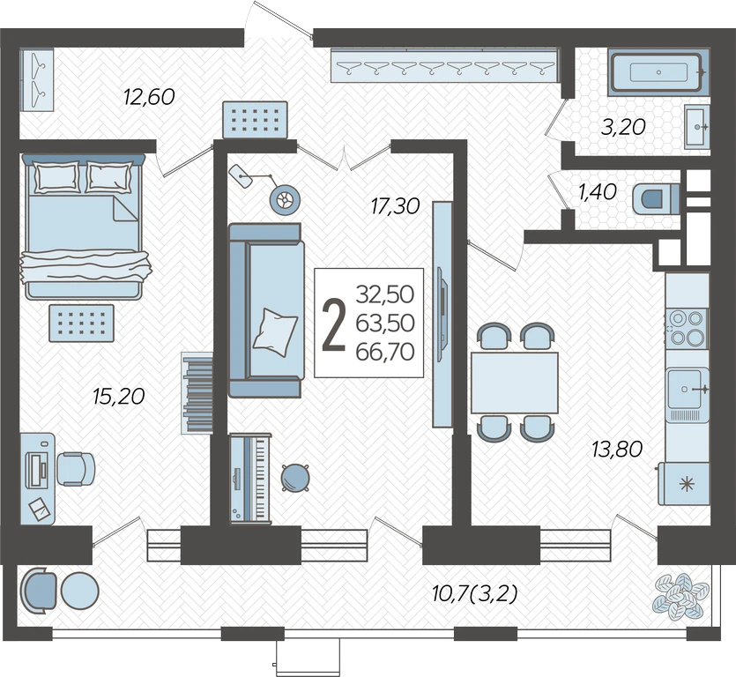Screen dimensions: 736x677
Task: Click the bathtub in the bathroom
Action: point(658,72)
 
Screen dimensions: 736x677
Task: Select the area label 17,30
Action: point(395,206)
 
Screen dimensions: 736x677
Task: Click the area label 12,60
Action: point(149,97)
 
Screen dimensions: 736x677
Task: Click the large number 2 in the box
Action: point(334,326)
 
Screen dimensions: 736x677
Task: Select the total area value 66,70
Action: point(385,352)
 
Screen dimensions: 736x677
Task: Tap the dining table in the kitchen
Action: point(515,383)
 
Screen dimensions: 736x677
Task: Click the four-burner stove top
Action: point(687,328)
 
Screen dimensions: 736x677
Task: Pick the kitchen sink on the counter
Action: point(688,390)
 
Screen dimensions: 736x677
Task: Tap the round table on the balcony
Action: point(80,591)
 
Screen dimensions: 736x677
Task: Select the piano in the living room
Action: point(250,478)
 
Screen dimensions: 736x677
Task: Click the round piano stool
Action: point(295,478)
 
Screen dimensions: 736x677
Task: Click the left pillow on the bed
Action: point(56,177)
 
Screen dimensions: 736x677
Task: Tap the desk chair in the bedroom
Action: point(75,469)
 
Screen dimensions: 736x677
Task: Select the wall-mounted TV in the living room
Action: point(442,315)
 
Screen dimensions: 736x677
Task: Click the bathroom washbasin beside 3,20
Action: point(696,127)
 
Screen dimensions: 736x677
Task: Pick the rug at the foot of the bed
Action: point(82,323)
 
